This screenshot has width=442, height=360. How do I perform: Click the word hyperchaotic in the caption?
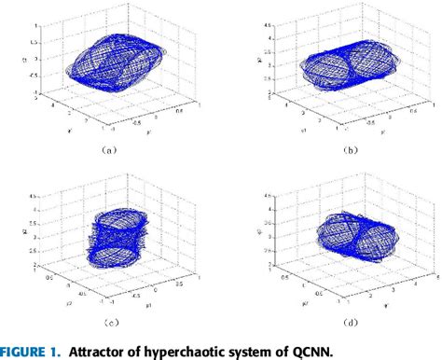(200, 351)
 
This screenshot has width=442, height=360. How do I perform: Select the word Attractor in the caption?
(109, 351)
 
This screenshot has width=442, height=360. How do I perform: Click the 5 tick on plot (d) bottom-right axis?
(435, 276)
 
